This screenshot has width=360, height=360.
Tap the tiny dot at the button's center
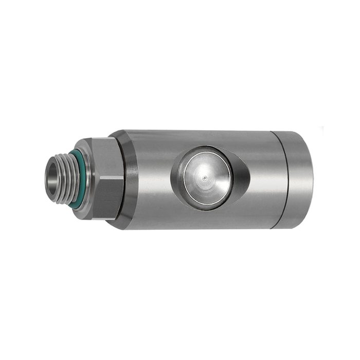tap(205, 177)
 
